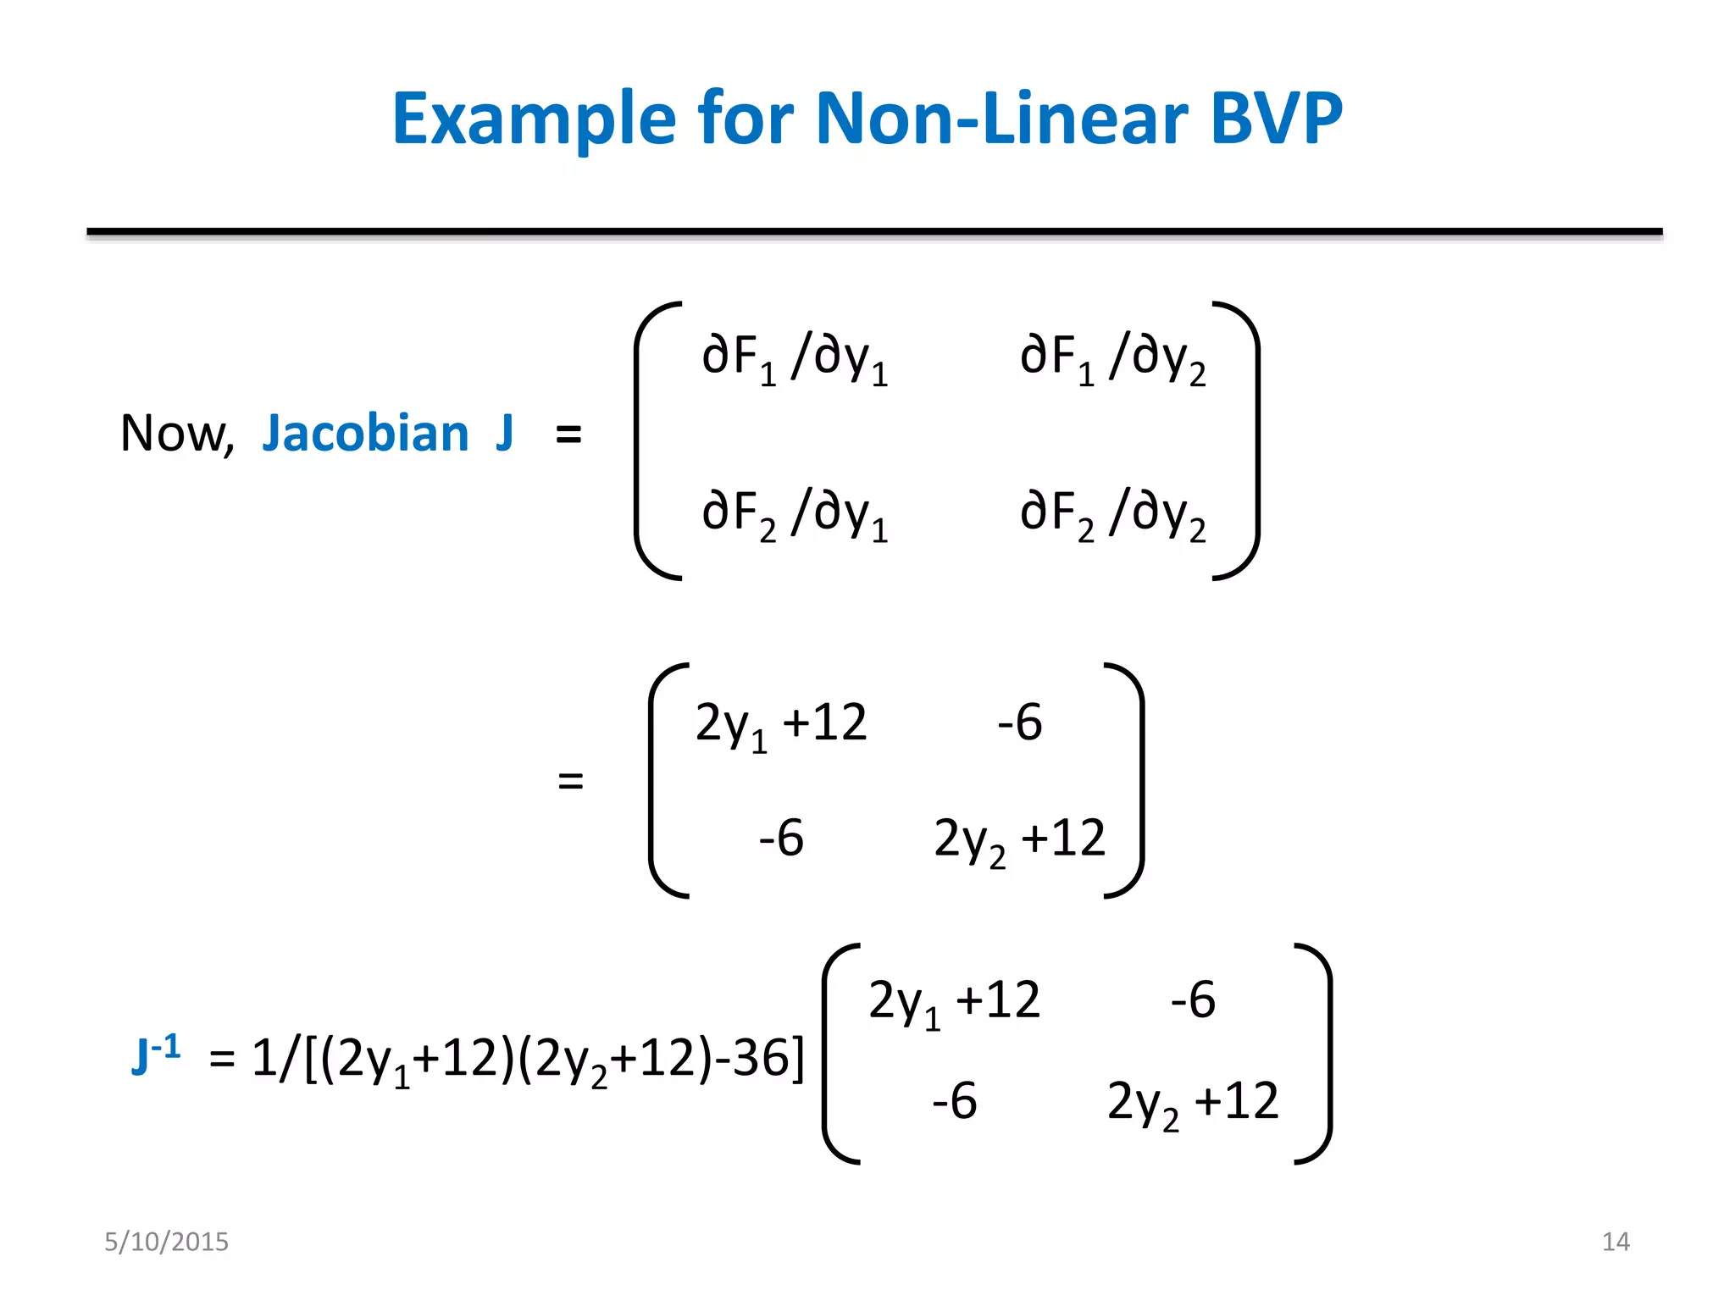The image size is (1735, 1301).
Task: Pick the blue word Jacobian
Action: coord(365,434)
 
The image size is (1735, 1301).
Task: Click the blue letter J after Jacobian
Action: coord(504,434)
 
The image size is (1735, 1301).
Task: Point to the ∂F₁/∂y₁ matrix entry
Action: coord(795,357)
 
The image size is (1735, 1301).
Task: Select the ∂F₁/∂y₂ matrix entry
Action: coord(1112,357)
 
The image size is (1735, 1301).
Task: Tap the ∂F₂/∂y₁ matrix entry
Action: coord(795,513)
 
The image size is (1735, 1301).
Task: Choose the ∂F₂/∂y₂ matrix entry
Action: coord(1112,513)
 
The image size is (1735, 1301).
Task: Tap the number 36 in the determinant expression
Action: coord(760,1058)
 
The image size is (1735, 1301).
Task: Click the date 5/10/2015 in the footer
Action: coord(166,1242)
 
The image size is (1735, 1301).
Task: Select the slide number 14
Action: coord(1616,1242)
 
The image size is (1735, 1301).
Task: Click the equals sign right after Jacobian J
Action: coord(568,435)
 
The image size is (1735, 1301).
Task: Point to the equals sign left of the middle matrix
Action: coord(571,780)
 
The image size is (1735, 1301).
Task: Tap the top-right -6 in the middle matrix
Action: coord(1019,722)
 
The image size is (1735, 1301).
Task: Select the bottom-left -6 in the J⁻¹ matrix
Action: coord(954,1100)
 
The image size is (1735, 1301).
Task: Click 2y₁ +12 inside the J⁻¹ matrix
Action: coord(954,1002)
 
